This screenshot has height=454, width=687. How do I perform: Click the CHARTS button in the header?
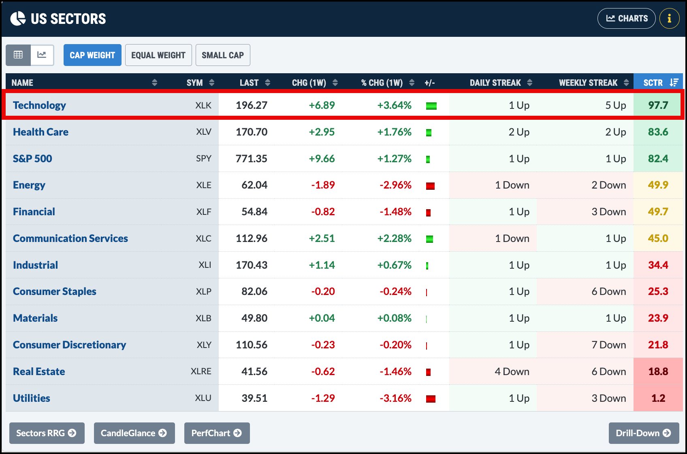(626, 18)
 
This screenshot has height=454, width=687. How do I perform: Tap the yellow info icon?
(670, 18)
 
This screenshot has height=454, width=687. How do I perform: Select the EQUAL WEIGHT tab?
(158, 55)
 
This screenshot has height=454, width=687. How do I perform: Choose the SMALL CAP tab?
(223, 55)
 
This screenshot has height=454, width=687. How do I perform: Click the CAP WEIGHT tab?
(92, 55)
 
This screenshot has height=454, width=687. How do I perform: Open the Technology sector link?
(39, 105)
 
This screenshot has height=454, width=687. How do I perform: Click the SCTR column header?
(658, 83)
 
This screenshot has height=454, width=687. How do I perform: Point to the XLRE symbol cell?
(201, 371)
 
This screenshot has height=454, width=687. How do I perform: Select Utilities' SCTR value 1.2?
(658, 398)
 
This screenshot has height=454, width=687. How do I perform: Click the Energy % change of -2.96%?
(395, 185)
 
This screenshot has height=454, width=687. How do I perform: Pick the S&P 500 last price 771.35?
(252, 159)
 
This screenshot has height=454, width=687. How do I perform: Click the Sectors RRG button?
(47, 433)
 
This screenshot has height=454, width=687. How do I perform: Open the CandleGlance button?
(134, 433)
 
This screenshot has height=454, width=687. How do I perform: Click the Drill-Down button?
(644, 433)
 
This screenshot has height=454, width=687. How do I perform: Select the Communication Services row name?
(70, 238)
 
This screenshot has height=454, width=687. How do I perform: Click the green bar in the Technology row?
(431, 106)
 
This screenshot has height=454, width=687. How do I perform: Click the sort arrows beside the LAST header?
(267, 83)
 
